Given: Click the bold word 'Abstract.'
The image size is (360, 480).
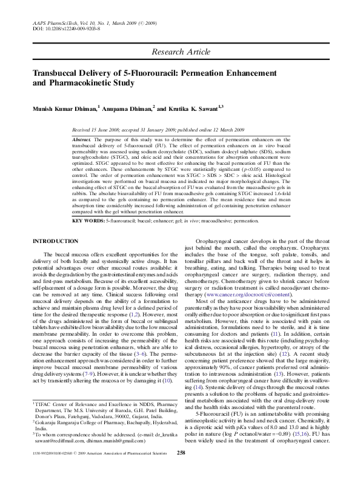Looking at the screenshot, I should point(84,139).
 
